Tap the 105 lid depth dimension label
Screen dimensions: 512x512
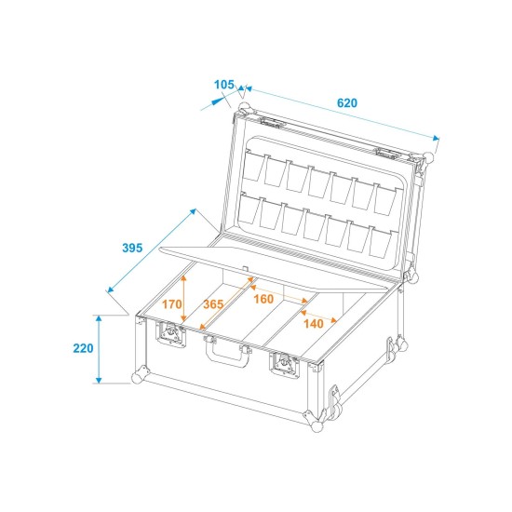pos(223,85)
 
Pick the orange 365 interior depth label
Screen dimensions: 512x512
pos(213,304)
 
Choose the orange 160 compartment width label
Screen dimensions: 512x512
pos(263,299)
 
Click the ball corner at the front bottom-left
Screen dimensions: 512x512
pos(138,378)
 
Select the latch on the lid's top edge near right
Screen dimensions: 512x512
pos(385,152)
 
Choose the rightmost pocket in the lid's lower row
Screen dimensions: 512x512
pos(379,242)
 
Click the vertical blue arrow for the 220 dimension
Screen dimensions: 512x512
pos(100,349)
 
